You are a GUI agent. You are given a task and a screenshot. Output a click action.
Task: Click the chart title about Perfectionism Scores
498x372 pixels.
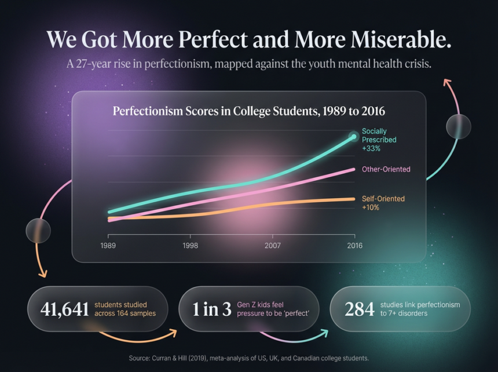click(x=248, y=110)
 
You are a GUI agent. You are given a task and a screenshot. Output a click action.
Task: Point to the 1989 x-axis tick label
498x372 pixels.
click(x=108, y=246)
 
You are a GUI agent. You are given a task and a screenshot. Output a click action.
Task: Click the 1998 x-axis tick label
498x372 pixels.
click(x=190, y=246)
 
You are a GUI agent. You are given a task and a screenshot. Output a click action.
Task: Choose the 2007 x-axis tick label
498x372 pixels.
click(x=273, y=246)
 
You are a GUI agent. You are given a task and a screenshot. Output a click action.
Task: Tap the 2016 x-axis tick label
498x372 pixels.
click(x=354, y=246)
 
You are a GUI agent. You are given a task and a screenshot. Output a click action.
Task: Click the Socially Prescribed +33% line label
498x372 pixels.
click(x=379, y=140)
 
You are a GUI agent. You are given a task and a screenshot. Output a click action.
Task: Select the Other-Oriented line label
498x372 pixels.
click(x=386, y=169)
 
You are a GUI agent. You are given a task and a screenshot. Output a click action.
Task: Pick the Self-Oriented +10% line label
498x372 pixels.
click(x=383, y=203)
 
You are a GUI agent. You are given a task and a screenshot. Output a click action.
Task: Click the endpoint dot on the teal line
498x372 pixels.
click(x=354, y=137)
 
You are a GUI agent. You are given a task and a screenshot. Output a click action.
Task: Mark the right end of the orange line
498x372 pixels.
click(x=354, y=199)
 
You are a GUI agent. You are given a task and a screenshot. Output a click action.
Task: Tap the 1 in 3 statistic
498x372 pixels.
click(x=211, y=309)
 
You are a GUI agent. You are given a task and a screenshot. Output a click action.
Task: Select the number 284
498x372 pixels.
click(x=359, y=309)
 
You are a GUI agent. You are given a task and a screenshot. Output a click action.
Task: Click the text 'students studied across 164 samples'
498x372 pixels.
click(x=125, y=309)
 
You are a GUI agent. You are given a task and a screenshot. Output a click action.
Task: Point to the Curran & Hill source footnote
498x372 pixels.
click(x=248, y=358)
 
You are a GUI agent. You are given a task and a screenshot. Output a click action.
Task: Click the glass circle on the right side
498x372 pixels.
click(x=458, y=126)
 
